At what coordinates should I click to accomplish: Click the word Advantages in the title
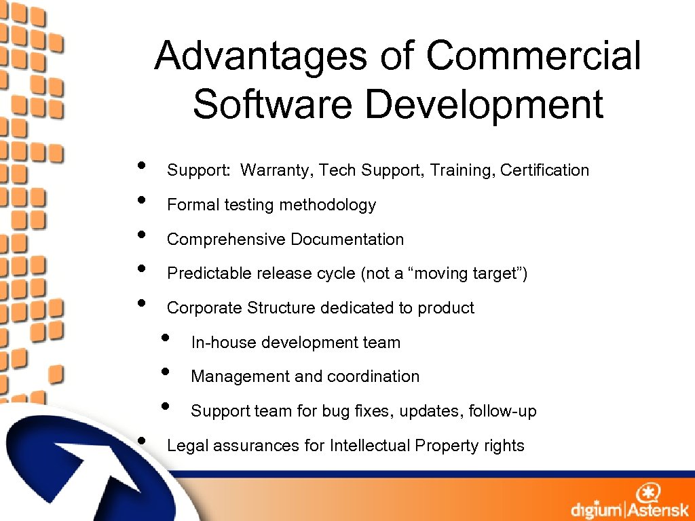click(x=260, y=56)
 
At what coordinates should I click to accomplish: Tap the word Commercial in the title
click(x=533, y=56)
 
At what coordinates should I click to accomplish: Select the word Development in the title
click(x=484, y=105)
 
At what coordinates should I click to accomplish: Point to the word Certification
click(x=544, y=170)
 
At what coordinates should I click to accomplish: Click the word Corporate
click(x=204, y=308)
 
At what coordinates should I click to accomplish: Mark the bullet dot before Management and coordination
click(x=165, y=372)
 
